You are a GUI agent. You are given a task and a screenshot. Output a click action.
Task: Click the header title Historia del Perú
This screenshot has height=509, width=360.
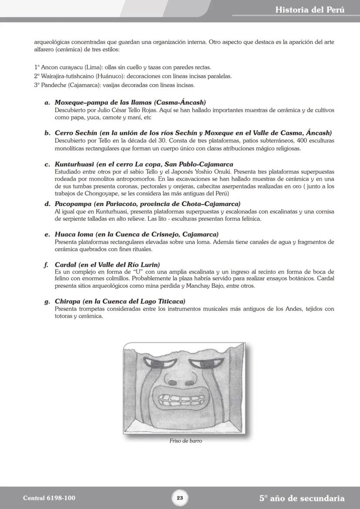pos(310,10)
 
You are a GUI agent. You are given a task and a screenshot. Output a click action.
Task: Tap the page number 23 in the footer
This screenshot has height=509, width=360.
pos(180,498)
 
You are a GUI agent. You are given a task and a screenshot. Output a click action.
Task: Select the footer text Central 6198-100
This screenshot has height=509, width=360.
pos(46,498)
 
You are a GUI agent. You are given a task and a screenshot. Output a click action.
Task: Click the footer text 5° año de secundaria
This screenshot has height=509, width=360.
pos(302,498)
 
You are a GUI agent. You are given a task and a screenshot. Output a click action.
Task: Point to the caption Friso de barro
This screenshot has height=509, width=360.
pos(186,441)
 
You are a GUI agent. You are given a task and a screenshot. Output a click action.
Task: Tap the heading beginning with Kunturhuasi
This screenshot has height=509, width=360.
pos(143,164)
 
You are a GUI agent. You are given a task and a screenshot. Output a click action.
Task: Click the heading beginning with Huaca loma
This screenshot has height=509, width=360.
pos(137,234)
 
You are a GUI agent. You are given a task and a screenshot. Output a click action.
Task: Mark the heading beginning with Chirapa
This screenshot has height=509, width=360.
pos(120,301)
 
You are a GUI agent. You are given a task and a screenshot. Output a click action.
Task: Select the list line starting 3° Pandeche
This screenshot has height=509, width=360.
pos(114,85)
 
